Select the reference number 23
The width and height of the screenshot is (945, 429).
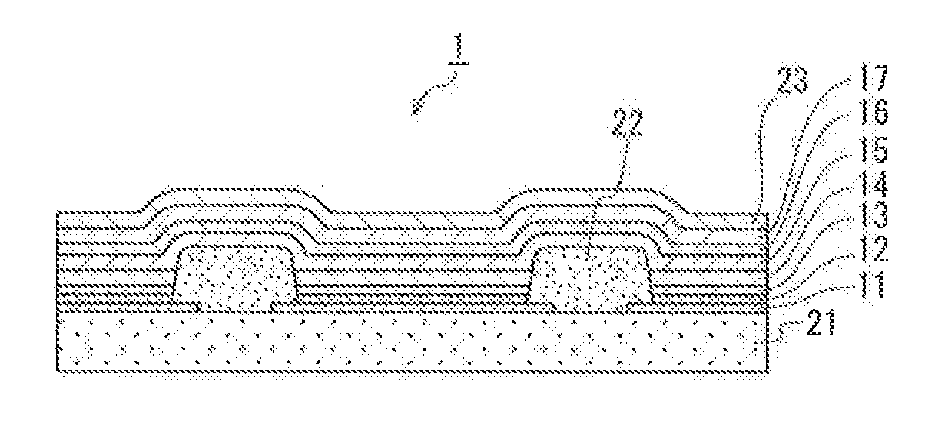tap(793, 79)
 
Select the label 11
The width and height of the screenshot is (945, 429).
tap(873, 286)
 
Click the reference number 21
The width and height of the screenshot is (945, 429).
tap(821, 323)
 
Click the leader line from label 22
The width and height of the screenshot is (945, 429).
tap(625, 161)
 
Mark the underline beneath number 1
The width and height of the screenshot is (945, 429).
tap(459, 64)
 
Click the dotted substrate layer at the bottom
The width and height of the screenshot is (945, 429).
tap(411, 343)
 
